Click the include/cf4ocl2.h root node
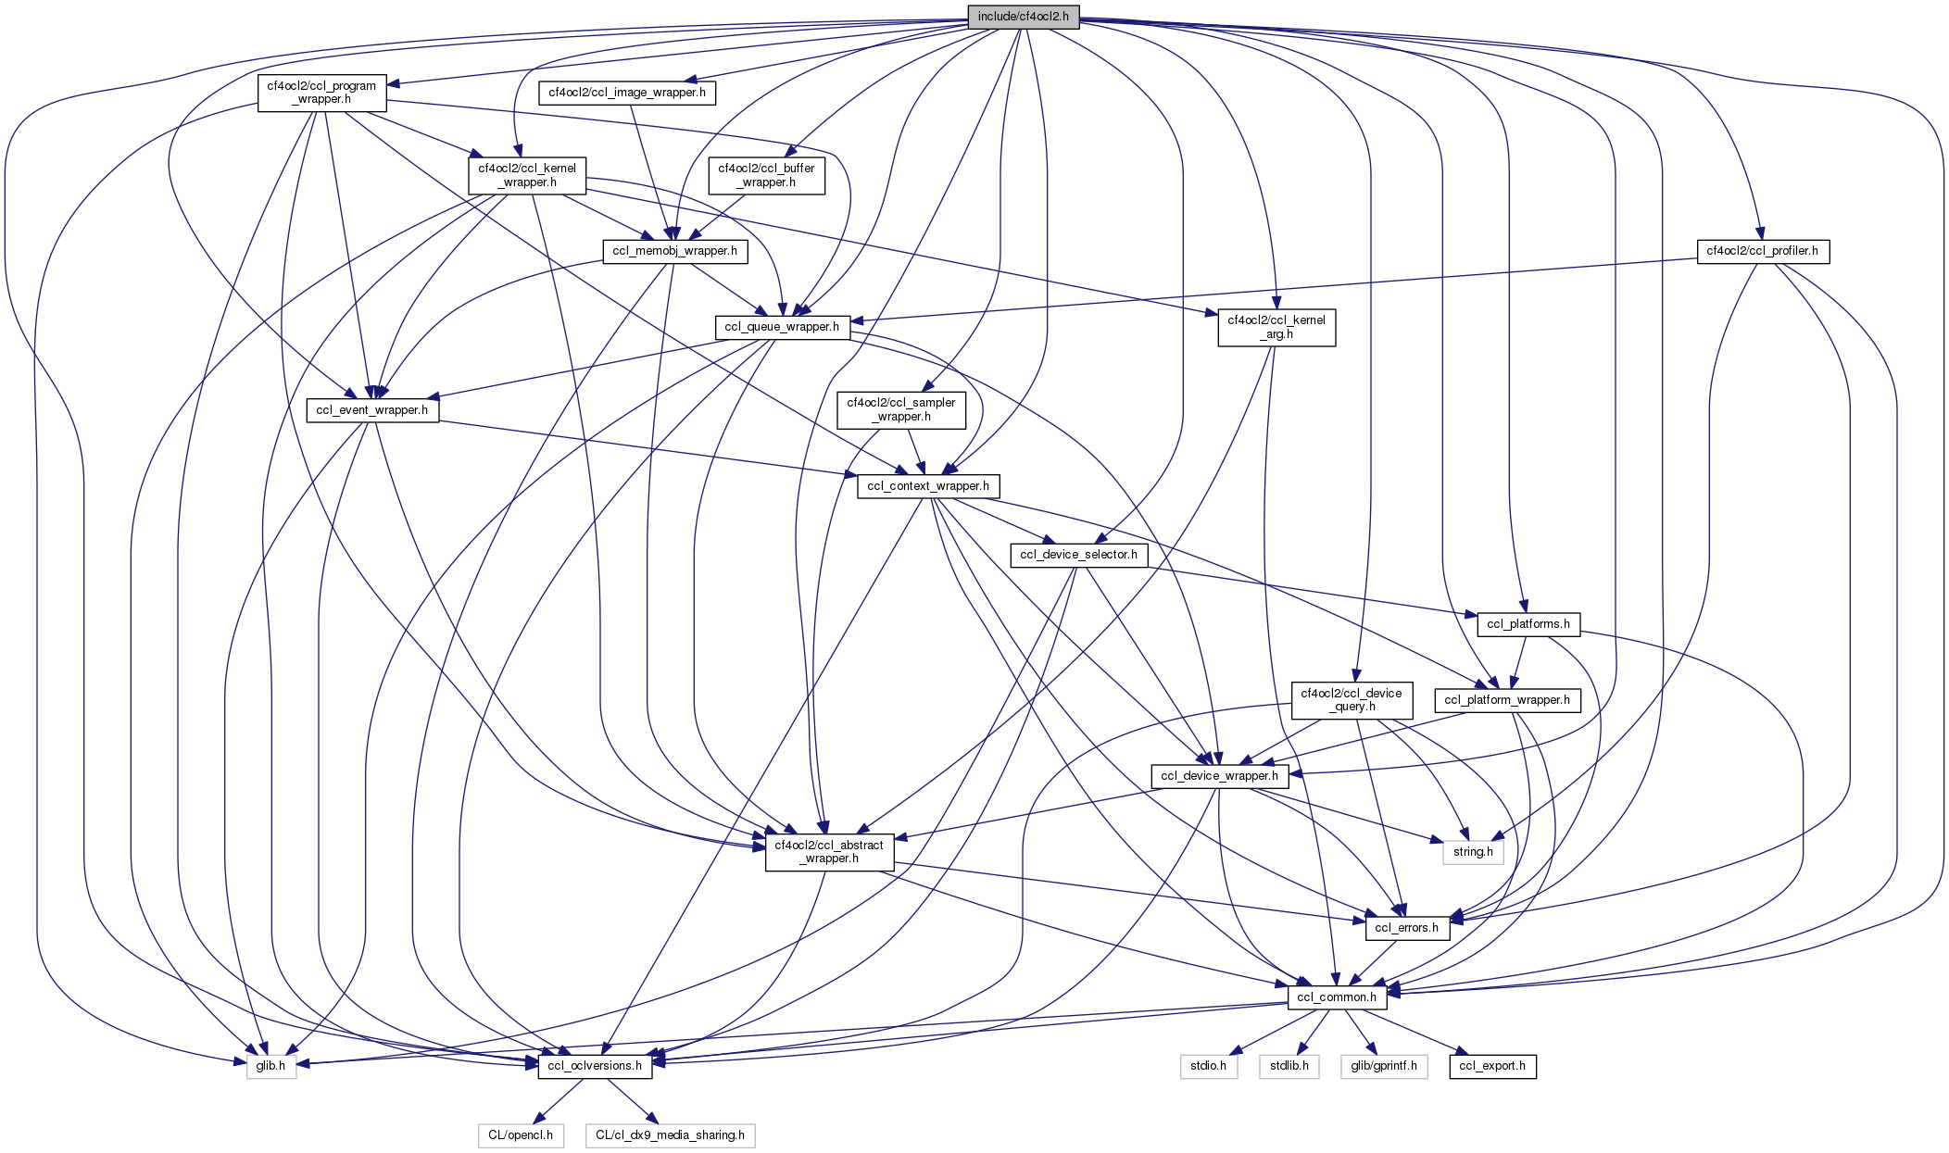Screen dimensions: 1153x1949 1023,17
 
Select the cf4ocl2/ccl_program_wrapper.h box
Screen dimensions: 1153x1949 321,93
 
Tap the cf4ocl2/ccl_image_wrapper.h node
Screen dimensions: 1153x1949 627,93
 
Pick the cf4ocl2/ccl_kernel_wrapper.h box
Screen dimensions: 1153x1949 526,175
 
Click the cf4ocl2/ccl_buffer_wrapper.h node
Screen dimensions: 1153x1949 766,175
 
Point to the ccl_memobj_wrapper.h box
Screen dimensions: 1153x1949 674,251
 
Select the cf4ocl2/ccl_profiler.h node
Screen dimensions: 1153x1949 1762,251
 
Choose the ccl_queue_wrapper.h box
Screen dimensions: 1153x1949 782,327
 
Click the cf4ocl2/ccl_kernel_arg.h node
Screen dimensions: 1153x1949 1276,327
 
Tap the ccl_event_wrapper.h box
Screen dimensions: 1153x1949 371,410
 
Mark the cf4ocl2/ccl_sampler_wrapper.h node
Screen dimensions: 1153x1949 900,409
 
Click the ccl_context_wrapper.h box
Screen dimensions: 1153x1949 927,486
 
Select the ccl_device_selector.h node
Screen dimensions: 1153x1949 1078,555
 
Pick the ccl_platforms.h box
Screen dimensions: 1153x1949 1528,624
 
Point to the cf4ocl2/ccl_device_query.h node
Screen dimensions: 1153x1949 1351,699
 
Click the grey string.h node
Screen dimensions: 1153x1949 1472,852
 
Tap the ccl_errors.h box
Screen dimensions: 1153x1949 1406,928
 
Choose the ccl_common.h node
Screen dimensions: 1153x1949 1336,997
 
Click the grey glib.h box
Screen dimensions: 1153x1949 270,1066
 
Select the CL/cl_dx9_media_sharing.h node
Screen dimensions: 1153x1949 670,1135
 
